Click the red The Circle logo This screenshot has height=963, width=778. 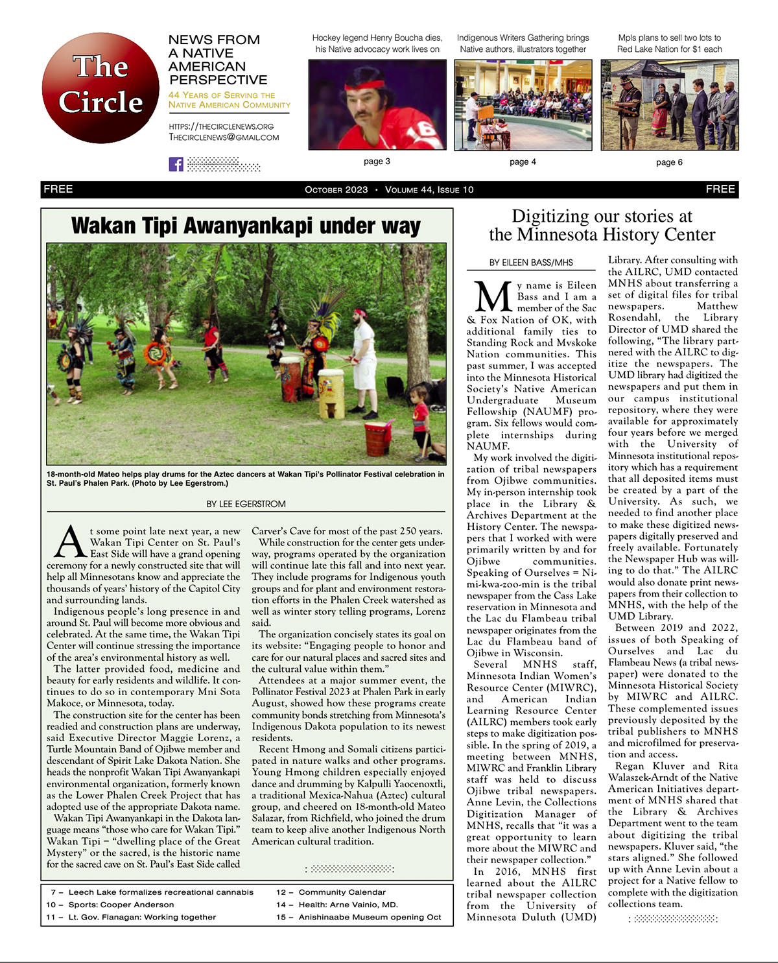100,88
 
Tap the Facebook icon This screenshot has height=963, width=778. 176,164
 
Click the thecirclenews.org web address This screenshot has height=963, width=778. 221,126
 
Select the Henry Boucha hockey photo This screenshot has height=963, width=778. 377,104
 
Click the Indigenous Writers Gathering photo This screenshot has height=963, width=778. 523,104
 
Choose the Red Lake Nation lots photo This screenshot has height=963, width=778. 669,104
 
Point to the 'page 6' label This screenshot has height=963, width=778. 669,162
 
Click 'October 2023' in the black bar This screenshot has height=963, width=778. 336,190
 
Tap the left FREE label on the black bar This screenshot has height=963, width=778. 58,189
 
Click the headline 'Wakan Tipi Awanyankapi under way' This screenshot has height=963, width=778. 246,226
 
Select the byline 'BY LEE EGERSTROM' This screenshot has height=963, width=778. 246,504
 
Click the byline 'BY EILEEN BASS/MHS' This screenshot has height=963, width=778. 531,263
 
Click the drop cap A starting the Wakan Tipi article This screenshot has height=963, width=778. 69,542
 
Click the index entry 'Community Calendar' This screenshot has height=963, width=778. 342,892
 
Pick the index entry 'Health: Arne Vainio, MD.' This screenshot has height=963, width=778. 348,905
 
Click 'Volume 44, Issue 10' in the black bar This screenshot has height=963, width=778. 429,190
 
